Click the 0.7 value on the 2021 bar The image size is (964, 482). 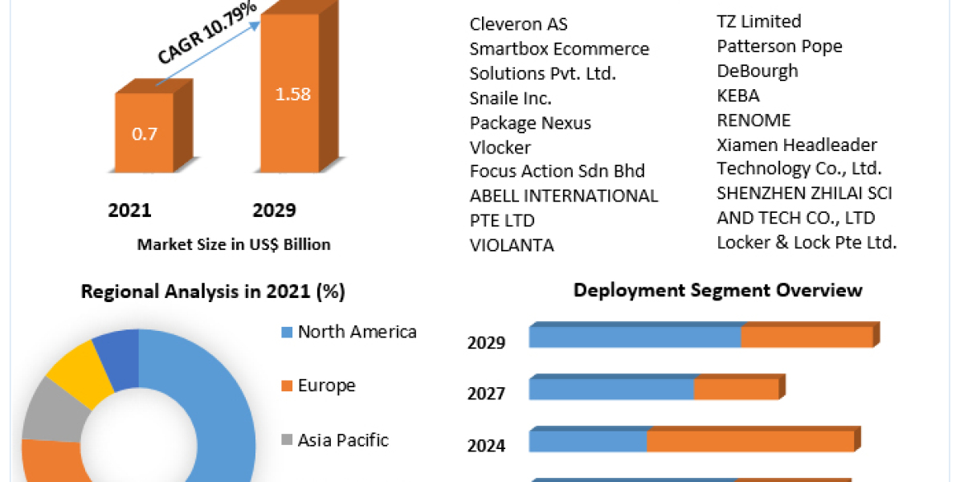tap(145, 133)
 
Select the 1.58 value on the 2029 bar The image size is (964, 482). tap(292, 94)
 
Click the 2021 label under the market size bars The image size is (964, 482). tap(129, 210)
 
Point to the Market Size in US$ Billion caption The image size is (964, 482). tap(234, 244)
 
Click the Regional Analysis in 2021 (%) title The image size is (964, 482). tap(213, 292)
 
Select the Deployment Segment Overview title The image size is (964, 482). tap(718, 290)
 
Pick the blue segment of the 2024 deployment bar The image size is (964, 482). tap(588, 442)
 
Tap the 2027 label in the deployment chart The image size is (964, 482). tap(487, 394)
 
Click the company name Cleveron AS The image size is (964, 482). tap(519, 24)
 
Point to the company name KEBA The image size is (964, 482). tap(737, 96)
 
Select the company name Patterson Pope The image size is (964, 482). tap(779, 46)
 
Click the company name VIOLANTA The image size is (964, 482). tap(512, 245)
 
